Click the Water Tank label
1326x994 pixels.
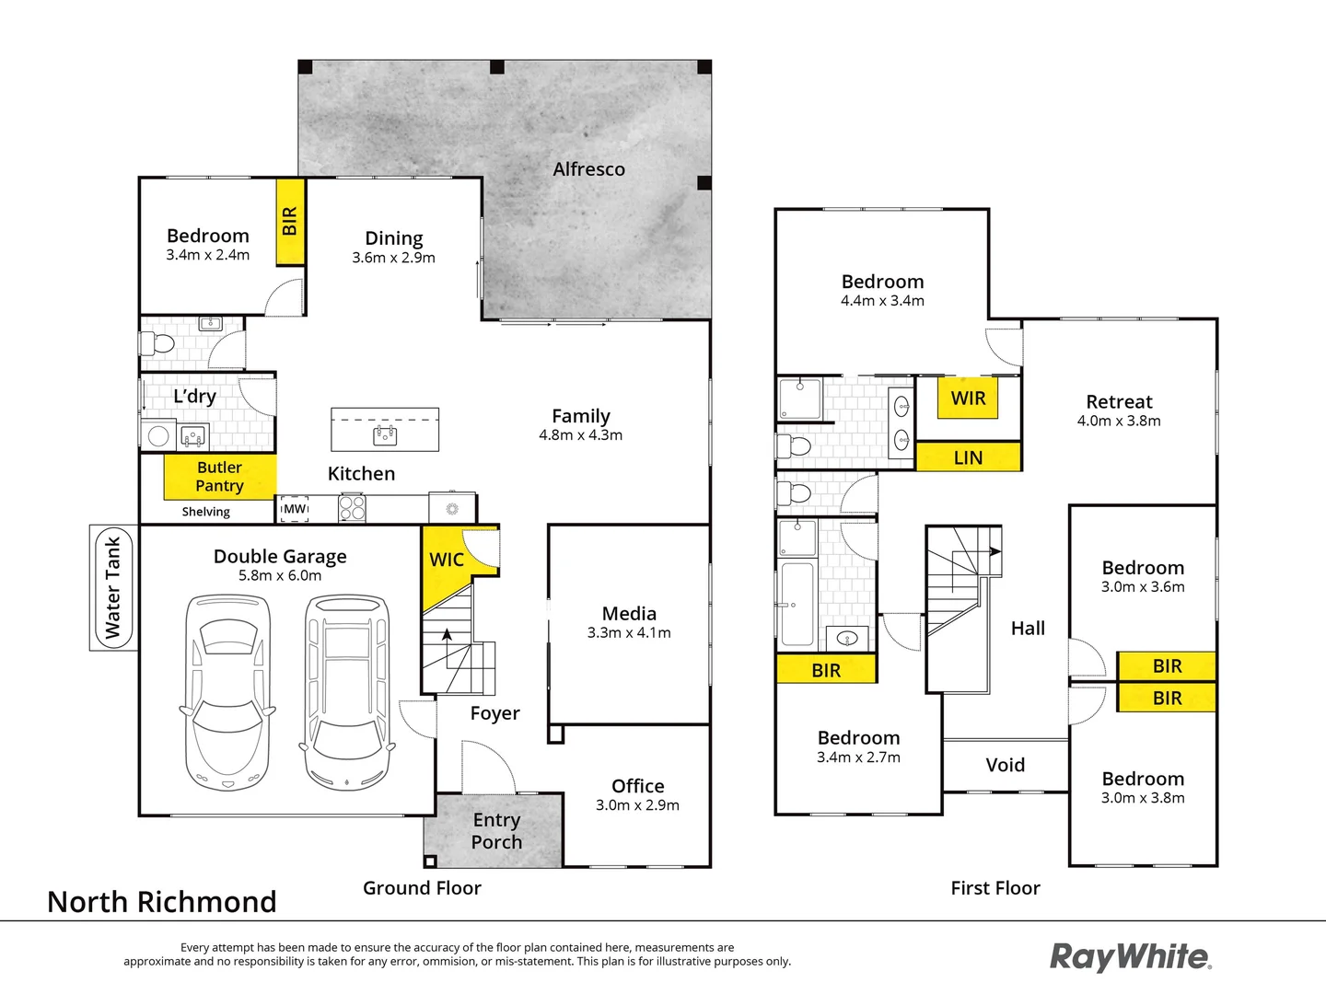point(113,588)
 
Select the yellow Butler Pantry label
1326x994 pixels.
point(219,477)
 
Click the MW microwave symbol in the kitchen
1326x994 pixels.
point(295,509)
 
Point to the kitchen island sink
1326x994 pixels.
point(385,434)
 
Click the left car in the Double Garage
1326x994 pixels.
point(227,692)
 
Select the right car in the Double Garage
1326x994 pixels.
point(347,692)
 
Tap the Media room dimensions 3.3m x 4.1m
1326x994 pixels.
point(629,633)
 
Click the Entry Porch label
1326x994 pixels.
point(496,831)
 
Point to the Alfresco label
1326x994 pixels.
point(588,169)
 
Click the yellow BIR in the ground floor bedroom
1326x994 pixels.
point(290,222)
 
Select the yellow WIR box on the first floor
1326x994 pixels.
point(968,399)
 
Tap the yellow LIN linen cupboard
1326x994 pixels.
point(968,457)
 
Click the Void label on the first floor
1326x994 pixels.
point(1005,765)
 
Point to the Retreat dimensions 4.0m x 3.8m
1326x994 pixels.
point(1119,422)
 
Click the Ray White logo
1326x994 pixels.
point(1131,957)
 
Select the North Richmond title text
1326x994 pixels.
point(162,902)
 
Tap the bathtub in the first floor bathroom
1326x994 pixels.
point(797,604)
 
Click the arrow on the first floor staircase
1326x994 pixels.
point(994,551)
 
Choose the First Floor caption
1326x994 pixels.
point(995,888)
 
